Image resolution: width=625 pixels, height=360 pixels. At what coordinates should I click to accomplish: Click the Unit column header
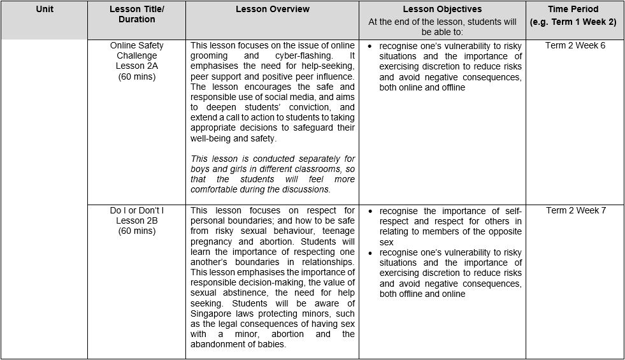(44, 10)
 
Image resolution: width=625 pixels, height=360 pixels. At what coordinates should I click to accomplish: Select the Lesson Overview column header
(272, 10)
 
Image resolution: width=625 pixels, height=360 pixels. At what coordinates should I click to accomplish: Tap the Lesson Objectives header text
(442, 10)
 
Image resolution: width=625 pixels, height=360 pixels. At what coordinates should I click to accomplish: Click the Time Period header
(573, 10)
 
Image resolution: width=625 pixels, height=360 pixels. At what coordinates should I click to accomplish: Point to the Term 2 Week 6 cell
(575, 46)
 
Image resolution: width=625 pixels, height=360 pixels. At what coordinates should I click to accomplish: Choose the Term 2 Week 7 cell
(575, 211)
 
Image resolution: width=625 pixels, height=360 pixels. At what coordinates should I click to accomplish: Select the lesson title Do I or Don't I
(136, 211)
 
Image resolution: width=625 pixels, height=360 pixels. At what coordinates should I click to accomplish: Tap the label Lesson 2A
(136, 66)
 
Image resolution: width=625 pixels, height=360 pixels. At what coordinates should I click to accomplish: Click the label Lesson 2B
(136, 221)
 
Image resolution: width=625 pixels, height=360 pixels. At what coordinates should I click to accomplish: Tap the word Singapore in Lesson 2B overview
(210, 313)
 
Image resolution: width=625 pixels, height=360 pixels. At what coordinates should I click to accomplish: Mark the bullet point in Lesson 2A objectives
(370, 47)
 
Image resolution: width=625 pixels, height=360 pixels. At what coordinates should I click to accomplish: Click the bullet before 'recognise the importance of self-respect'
(370, 212)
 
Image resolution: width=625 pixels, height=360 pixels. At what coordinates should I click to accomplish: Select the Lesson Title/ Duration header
(136, 15)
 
